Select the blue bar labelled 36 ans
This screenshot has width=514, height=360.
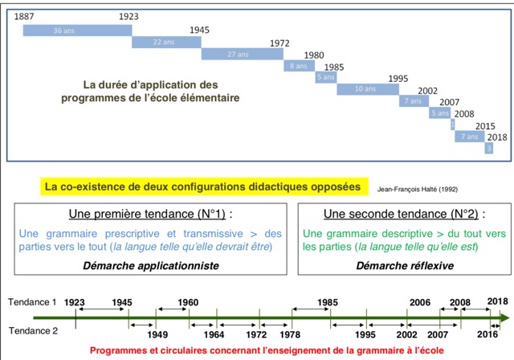(x=75, y=30)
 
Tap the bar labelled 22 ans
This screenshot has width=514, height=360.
(x=165, y=42)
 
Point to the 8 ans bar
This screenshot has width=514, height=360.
(x=296, y=66)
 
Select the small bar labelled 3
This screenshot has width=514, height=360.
(x=488, y=149)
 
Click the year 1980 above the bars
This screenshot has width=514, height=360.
(x=315, y=55)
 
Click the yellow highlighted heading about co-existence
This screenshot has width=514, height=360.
(x=203, y=187)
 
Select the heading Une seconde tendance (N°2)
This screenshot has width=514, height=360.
(x=402, y=215)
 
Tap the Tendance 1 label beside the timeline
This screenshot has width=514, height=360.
(x=32, y=302)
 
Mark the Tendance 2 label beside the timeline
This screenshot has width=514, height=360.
(x=32, y=330)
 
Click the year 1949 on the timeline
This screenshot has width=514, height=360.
(x=158, y=334)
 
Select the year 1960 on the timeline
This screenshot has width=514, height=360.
(x=188, y=303)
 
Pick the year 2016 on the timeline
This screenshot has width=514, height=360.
(x=487, y=333)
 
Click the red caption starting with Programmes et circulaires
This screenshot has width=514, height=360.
(x=257, y=351)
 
